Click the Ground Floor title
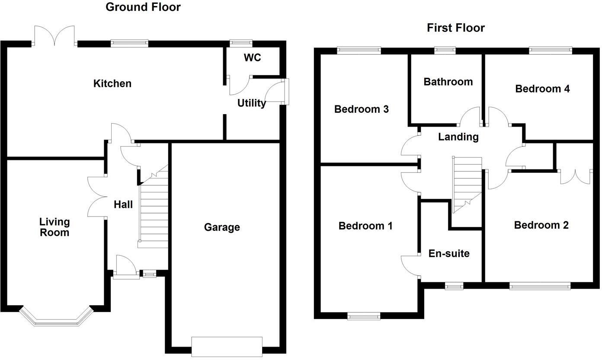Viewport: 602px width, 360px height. coord(143,7)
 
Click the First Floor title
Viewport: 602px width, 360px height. coord(455,28)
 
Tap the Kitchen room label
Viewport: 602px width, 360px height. coord(112,83)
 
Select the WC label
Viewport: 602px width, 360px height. coord(252,57)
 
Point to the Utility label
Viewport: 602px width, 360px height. coord(251,103)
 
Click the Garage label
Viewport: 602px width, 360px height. coord(222,227)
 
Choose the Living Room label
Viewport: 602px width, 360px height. coord(54,227)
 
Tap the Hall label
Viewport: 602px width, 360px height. coord(123,204)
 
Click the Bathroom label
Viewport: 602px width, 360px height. coord(448,82)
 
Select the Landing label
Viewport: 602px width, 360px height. coord(458,137)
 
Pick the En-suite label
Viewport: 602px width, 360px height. coord(448,253)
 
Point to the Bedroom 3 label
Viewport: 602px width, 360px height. coord(361,109)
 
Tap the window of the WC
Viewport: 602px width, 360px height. coord(241,42)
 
